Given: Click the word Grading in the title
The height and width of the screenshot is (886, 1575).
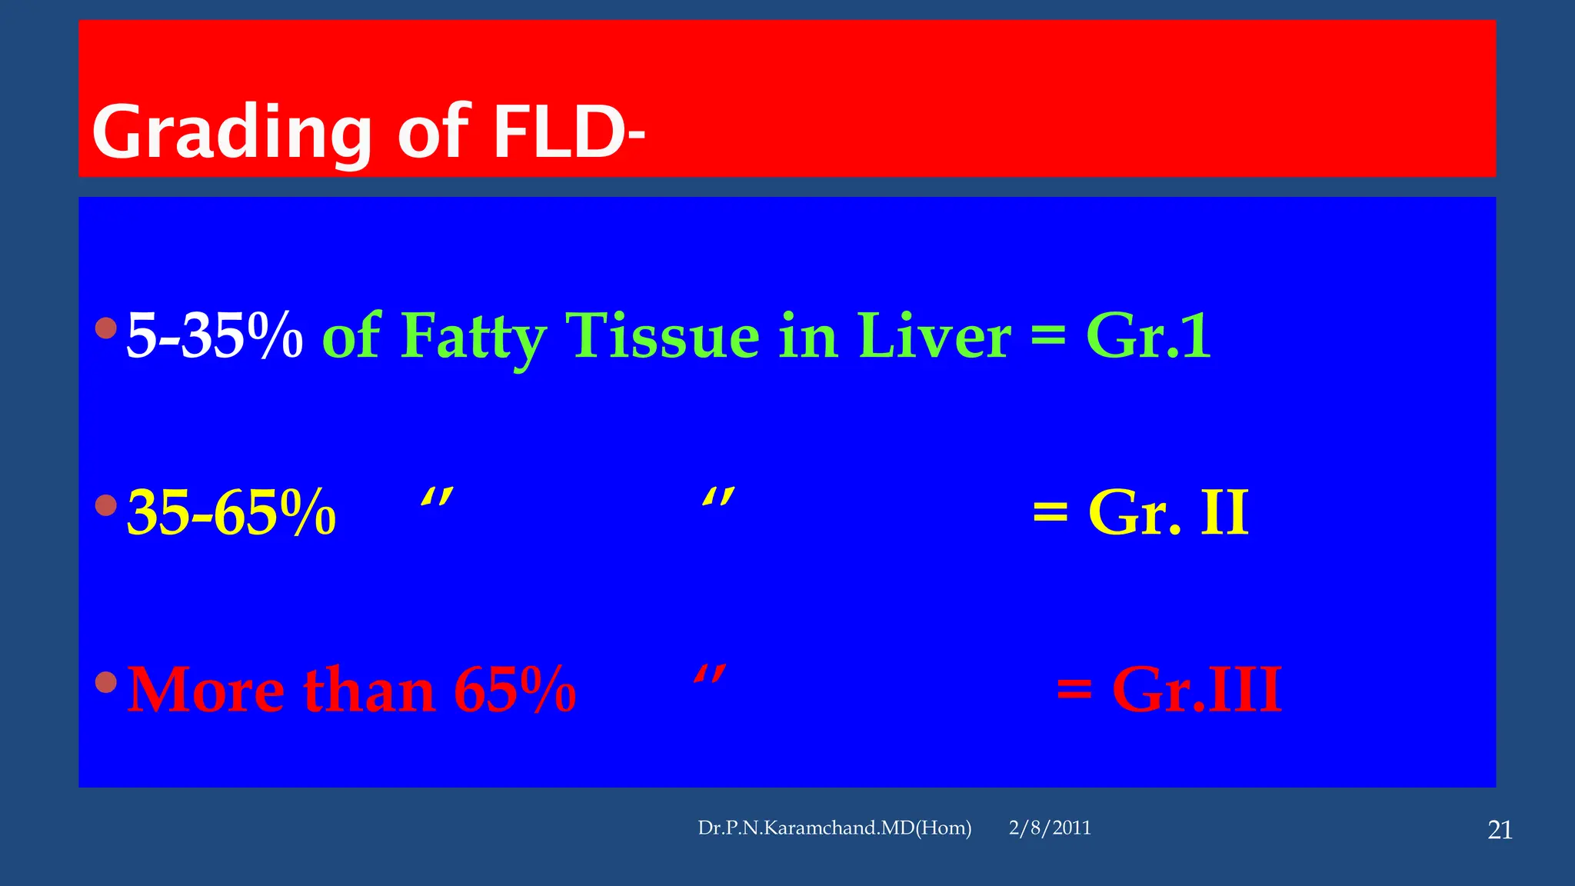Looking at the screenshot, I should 231,132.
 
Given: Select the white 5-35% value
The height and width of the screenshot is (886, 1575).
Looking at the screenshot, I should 215,336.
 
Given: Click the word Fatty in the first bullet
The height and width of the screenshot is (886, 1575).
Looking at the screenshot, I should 473,336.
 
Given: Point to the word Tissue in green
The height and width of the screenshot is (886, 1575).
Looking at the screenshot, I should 662,336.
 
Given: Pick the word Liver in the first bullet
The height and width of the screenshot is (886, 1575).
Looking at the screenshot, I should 933,336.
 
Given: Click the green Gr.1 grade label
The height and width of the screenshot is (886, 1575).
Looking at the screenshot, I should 1148,336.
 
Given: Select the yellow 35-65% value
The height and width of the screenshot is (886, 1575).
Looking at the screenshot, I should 231,513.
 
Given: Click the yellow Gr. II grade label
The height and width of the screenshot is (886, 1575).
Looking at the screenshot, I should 1168,513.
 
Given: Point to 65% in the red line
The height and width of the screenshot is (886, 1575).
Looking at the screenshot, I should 514,690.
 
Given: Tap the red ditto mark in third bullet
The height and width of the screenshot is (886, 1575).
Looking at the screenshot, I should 709,675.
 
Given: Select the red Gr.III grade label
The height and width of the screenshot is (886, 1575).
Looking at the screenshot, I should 1197,690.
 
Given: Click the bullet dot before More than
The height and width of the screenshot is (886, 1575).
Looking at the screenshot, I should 106,681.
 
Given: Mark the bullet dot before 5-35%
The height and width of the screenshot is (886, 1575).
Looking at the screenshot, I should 106,328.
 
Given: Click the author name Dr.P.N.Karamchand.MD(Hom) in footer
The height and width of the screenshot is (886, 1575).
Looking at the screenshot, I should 834,828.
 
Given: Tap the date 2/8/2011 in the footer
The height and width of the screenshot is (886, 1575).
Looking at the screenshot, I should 1050,828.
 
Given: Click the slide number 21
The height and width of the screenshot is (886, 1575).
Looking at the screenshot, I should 1500,831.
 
